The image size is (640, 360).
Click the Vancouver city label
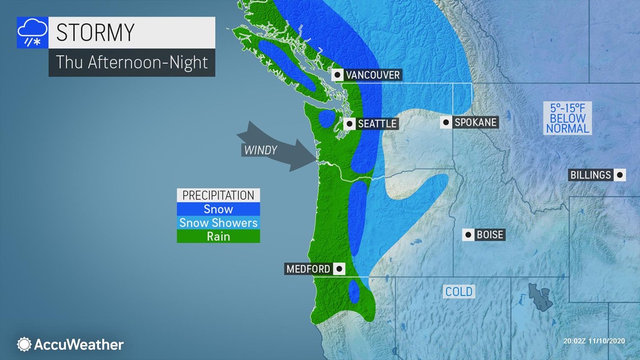coord(372,75)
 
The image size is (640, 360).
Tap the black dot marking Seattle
coord(350,124)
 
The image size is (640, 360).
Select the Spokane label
coord(475,122)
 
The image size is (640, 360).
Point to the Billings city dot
coord(619,175)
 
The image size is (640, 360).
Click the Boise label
coord(490,235)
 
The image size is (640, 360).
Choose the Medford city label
coord(308,269)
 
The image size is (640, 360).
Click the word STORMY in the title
coord(95,33)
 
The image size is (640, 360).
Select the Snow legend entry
coord(218,209)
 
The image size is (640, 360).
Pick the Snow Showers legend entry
coord(218,223)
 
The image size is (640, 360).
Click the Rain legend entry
coord(218,236)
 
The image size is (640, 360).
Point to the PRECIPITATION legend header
coord(218,195)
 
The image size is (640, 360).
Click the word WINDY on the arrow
coord(260,150)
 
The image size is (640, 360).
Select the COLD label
coord(459,292)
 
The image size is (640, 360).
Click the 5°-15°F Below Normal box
coord(568,118)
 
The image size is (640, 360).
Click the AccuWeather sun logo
coord(24,344)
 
